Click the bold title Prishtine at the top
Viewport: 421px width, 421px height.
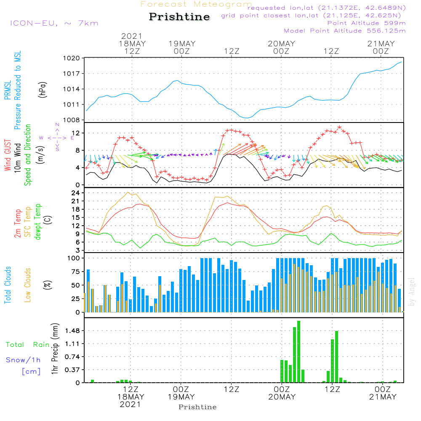coord(179,17)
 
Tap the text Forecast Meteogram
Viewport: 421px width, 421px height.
coord(196,5)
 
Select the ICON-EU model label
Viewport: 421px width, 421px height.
coord(53,23)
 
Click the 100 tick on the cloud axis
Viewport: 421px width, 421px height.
coord(74,258)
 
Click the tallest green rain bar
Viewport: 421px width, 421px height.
coord(298,352)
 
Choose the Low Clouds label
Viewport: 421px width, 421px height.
coord(28,285)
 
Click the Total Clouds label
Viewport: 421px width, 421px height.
coord(8,285)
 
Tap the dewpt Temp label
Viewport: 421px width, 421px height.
coord(37,222)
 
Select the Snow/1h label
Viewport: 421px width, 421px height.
coord(23,360)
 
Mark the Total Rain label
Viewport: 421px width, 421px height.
coord(27,345)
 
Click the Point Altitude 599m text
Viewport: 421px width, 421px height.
coord(366,23)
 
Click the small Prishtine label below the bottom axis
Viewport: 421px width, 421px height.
coord(197,407)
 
